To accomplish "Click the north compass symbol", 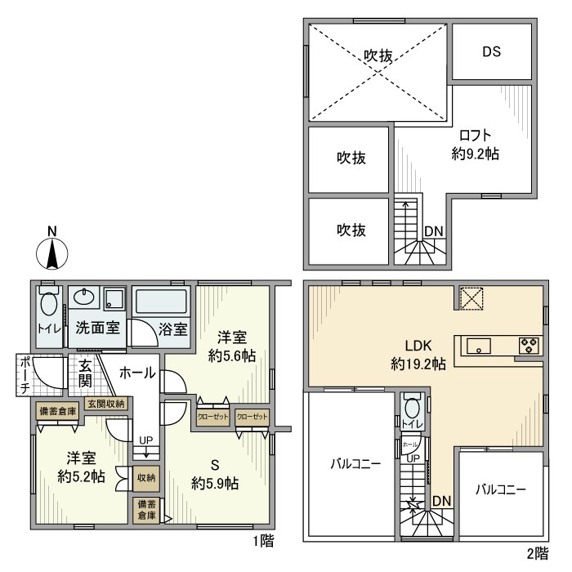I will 51,251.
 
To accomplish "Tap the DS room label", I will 490,51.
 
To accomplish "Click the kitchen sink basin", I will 477,346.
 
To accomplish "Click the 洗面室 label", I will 99,329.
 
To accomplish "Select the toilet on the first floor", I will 48,306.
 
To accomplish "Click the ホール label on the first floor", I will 137,373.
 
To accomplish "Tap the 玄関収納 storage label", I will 105,404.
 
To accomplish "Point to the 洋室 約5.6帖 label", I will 232,346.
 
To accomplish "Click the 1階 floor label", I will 263,541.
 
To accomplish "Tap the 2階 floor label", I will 538,553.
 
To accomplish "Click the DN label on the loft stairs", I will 433,231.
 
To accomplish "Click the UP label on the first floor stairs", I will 146,440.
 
